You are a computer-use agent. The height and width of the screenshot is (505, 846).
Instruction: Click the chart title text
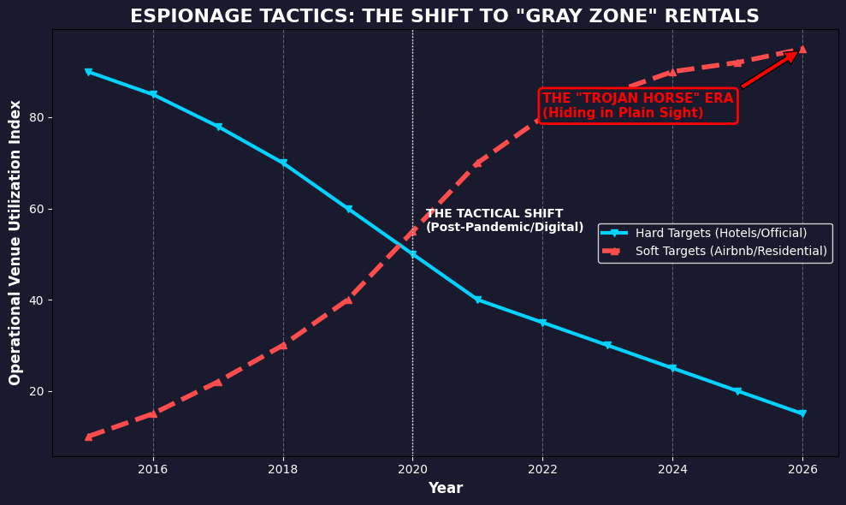(x=444, y=16)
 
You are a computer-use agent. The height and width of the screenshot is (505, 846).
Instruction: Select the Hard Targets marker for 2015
(x=88, y=72)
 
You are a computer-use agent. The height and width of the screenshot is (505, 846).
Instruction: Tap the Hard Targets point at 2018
(x=283, y=163)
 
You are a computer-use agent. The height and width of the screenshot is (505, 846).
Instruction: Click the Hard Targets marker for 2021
(x=477, y=300)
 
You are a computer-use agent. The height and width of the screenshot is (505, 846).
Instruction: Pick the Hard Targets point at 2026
(x=802, y=413)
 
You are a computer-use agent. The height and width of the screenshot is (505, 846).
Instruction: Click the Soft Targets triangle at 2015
(x=88, y=437)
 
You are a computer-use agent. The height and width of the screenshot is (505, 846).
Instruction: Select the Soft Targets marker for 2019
(x=348, y=300)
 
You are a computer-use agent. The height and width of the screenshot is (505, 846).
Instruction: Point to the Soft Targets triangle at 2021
(x=477, y=163)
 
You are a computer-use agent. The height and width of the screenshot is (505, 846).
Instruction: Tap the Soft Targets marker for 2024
(x=672, y=72)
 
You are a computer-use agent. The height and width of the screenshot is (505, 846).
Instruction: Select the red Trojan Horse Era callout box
(x=637, y=105)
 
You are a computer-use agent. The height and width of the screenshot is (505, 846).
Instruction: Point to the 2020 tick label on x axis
(x=412, y=468)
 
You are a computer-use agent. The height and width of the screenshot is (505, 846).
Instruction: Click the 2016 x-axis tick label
(x=153, y=468)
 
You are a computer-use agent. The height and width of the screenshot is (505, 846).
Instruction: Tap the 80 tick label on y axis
(x=36, y=117)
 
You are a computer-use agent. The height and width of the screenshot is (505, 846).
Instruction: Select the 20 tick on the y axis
(x=36, y=391)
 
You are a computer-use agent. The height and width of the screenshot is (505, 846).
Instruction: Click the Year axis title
(x=445, y=488)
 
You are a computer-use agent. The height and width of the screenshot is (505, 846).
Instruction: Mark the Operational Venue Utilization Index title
(x=15, y=242)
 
